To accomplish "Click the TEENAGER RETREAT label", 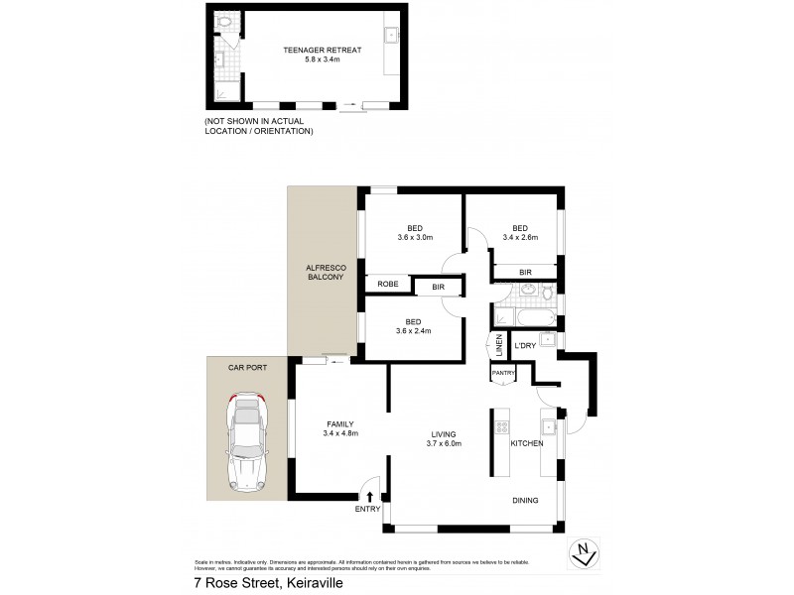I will coord(308,49).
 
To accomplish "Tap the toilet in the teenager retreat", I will coord(225,21).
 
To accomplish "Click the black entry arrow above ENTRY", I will coord(370,497).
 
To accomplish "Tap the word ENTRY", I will coord(367,510).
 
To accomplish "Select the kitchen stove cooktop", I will coord(501,427).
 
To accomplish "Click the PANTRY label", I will coord(503,373).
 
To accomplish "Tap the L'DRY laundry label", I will coord(524,346).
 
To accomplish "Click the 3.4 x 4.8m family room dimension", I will coord(339,433).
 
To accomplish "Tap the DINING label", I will coord(525,501).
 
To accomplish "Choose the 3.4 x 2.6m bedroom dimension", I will coord(520,237).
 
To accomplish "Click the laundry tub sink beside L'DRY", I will coord(548,340).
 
